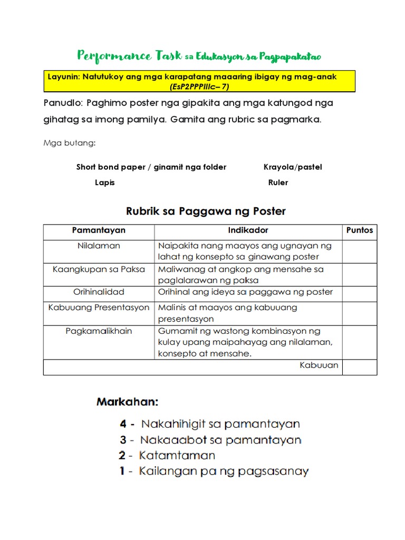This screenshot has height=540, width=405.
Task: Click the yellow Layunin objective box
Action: tap(200, 81)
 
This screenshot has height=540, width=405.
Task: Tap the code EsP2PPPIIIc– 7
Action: tap(200, 86)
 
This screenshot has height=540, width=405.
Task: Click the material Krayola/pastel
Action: tap(293, 167)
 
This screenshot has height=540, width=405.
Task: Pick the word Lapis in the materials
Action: tap(104, 182)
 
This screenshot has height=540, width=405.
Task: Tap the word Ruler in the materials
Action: tap(278, 182)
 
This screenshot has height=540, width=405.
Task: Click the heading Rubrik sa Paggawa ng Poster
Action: tap(206, 211)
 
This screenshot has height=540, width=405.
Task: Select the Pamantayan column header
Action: tap(99, 230)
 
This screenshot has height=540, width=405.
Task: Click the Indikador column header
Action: tap(248, 230)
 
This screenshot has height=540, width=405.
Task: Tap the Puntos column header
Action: tap(359, 230)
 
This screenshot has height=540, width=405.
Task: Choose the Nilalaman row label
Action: tap(99, 246)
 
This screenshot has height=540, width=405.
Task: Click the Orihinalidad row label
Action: tap(99, 292)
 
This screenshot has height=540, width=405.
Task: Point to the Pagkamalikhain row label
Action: tap(99, 331)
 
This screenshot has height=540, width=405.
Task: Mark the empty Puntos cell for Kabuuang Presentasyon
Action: tap(359, 313)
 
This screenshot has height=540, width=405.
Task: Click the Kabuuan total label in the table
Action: tap(319, 365)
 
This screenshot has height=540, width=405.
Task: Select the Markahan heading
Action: tap(127, 402)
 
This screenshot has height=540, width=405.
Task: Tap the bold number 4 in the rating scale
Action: tap(123, 423)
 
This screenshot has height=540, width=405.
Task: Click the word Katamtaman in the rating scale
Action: tap(177, 455)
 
